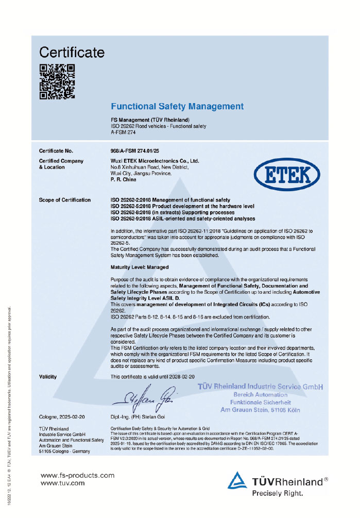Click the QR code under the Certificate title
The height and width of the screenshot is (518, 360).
pyautogui.click(x=57, y=81)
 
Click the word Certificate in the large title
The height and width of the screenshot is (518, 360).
pyautogui.click(x=72, y=52)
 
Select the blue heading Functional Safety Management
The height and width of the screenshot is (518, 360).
pyautogui.click(x=177, y=107)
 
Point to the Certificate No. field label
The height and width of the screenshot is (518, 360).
pyautogui.click(x=56, y=151)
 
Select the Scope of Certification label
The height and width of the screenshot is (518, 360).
pyautogui.click(x=65, y=200)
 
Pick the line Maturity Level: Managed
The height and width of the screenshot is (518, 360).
pyautogui.click(x=140, y=268)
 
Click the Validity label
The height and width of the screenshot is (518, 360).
pyautogui.click(x=48, y=377)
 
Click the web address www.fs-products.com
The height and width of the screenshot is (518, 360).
pyautogui.click(x=77, y=475)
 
